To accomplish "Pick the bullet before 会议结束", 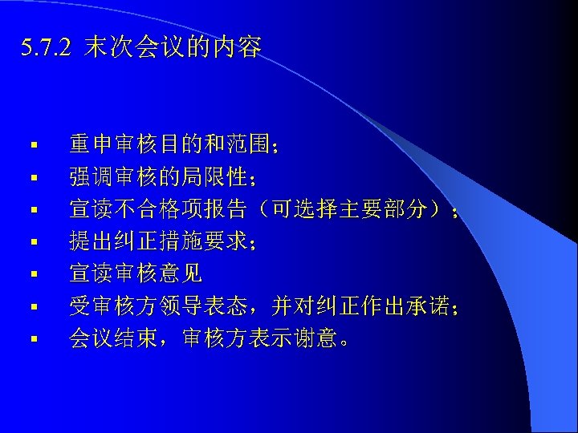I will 35,339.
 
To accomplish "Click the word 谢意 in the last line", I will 317,338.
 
